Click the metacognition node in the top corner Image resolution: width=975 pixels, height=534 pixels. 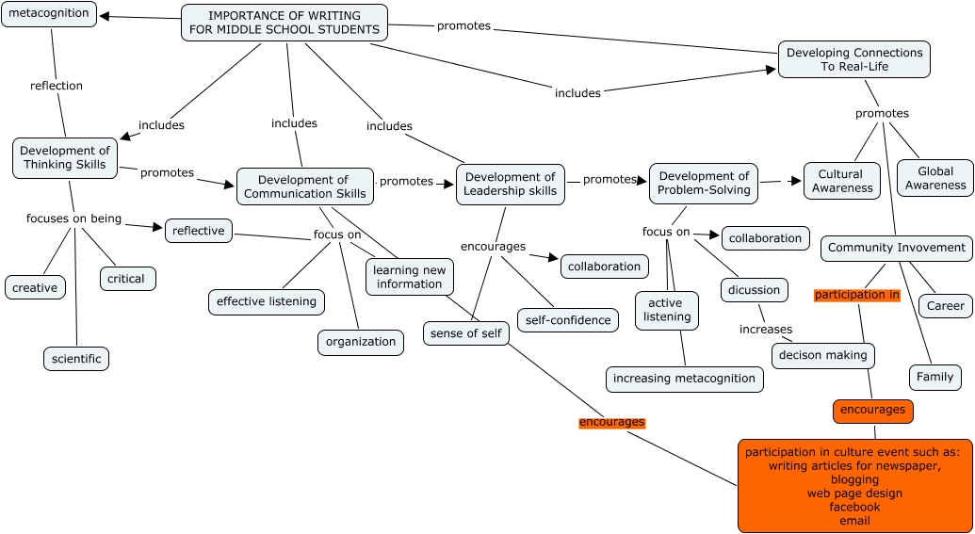point(48,14)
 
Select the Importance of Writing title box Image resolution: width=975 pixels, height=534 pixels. point(284,23)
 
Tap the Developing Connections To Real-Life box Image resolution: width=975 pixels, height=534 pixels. point(853,59)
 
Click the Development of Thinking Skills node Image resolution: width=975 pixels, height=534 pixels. point(64,157)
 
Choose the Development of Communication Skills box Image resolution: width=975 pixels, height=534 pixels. point(304,186)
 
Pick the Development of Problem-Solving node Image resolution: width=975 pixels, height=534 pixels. point(704,183)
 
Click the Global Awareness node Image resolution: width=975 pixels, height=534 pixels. point(934,178)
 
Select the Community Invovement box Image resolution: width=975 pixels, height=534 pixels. point(896,248)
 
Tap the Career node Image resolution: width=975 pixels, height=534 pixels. point(945,305)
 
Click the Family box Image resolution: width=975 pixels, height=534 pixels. point(934,377)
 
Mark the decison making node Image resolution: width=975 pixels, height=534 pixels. point(823,355)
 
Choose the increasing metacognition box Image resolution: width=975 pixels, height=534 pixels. point(684,379)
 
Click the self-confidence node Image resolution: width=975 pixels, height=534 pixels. point(568,320)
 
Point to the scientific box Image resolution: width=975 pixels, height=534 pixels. point(76,359)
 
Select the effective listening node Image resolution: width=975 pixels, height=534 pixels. point(267,301)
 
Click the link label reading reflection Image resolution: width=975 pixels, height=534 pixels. point(57,86)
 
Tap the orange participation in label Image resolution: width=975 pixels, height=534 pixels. point(857,295)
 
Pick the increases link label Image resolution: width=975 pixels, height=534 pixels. point(766,330)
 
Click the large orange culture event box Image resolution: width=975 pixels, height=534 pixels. point(854,485)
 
